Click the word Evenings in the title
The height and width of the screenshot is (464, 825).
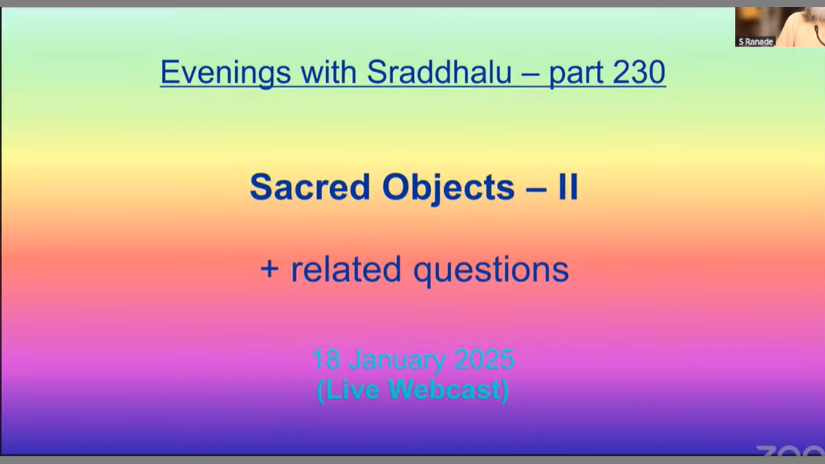[226, 73]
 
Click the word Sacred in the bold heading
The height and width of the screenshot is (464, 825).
[310, 187]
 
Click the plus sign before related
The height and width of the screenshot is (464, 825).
[269, 269]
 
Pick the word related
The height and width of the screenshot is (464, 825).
[346, 269]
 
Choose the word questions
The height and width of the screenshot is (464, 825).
[491, 271]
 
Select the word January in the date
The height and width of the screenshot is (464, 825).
[397, 361]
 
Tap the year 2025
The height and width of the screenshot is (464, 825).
[484, 360]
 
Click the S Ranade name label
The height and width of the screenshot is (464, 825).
[755, 42]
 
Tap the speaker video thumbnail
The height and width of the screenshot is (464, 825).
[780, 27]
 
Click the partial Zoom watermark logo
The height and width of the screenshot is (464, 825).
[790, 450]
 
